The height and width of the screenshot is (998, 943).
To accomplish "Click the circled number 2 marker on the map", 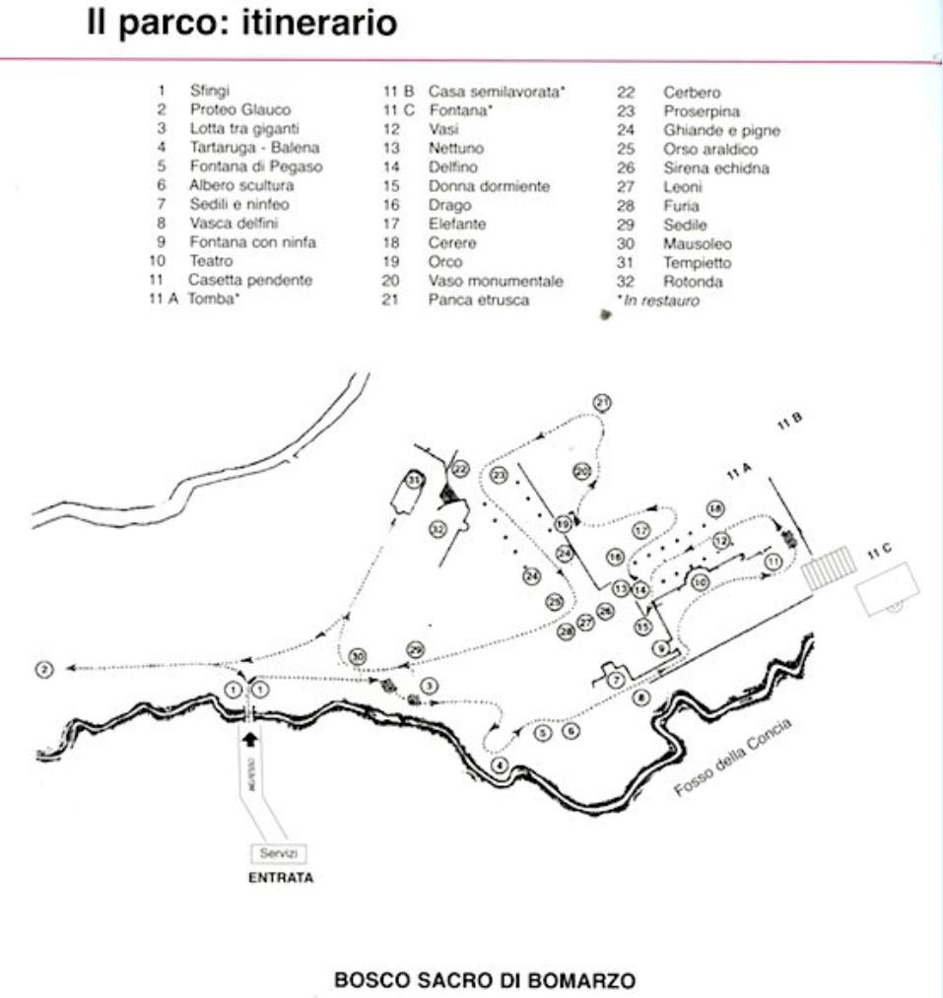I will (43, 669).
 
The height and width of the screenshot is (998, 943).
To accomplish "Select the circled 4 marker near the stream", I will (500, 765).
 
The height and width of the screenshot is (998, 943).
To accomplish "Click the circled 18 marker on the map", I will (715, 508).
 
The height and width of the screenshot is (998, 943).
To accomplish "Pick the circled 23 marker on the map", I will (500, 476).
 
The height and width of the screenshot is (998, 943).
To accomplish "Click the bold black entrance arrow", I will (249, 735).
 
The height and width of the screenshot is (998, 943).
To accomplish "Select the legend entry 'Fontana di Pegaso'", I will (255, 166).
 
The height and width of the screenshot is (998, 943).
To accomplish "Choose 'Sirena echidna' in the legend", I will (715, 168).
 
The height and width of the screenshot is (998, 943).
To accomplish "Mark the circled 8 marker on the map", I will (640, 698).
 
